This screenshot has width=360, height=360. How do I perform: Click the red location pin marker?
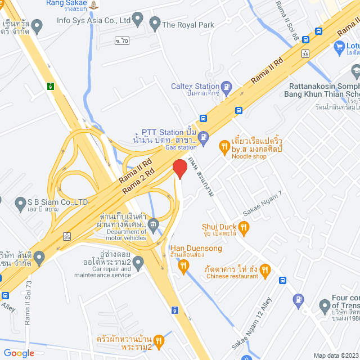(179, 169)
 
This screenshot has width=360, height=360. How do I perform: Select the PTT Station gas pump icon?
(204, 136)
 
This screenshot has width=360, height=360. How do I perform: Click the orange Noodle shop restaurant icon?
(224, 147)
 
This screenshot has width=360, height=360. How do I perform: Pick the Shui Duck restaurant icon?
(243, 227)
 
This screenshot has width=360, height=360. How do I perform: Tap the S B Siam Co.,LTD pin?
(22, 202)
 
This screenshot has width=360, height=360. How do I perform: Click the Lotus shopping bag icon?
(339, 47)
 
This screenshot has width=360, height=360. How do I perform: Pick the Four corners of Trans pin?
(325, 307)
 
